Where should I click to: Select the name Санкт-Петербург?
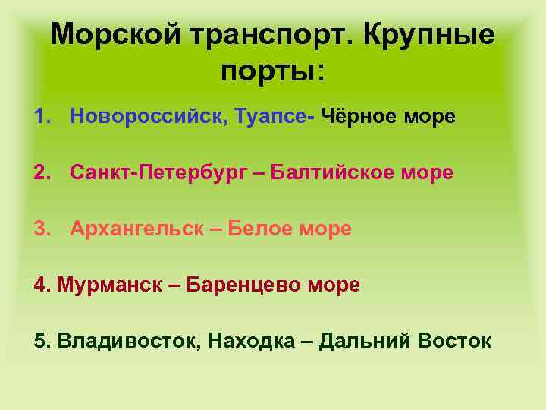[x=158, y=172]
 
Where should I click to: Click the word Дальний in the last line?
[x=364, y=341]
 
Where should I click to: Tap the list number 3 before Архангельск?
[x=39, y=229]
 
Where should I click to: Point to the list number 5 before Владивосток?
[x=39, y=341]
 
